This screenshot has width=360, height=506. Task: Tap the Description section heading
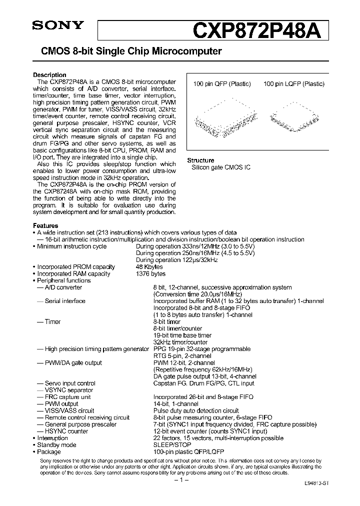[49, 75]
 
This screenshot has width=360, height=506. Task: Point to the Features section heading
[45, 225]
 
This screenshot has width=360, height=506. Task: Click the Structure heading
[200, 160]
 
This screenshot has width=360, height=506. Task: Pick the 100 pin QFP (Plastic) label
[222, 84]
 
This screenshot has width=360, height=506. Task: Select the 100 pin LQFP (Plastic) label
[294, 84]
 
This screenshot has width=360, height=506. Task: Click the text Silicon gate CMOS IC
[221, 167]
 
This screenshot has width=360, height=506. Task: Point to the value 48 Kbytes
[149, 267]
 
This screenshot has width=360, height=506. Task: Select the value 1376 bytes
[150, 274]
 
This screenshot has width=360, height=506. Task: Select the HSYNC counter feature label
[66, 431]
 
